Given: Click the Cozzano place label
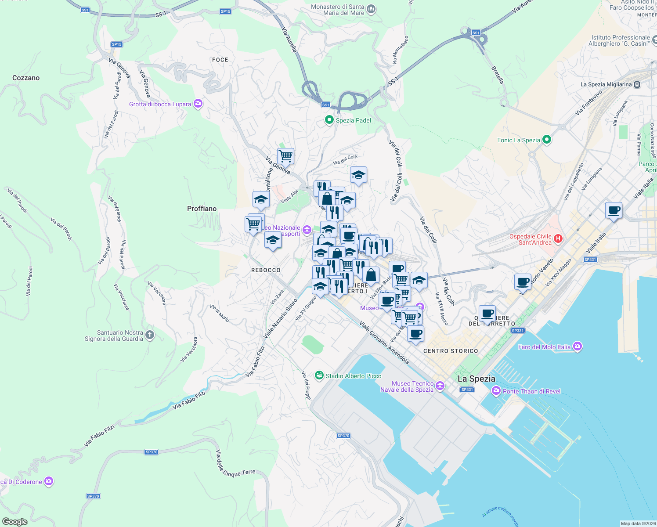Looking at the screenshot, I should [26, 78].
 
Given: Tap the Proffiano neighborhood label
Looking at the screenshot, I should [202, 209].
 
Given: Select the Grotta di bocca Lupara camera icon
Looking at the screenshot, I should [198, 104].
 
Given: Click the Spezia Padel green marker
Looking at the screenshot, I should [329, 120].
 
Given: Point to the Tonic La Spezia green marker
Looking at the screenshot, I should [547, 140].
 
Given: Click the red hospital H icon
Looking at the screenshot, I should [558, 239].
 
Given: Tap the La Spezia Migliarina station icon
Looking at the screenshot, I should [637, 84].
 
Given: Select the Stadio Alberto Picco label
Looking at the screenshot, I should [353, 376].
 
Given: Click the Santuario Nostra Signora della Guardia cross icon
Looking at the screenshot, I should [150, 336].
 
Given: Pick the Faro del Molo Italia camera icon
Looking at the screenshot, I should [578, 347].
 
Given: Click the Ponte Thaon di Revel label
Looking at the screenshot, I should [531, 391].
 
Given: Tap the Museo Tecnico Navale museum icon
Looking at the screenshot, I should [440, 386].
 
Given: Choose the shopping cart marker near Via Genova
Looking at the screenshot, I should [285, 155].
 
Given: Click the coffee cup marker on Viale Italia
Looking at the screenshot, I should [614, 210].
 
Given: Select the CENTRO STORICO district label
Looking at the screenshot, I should [451, 351].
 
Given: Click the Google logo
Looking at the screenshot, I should [14, 522].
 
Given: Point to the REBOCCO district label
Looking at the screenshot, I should [266, 270].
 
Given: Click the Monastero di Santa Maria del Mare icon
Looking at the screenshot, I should [371, 9].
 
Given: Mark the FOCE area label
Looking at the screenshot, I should [220, 60].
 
